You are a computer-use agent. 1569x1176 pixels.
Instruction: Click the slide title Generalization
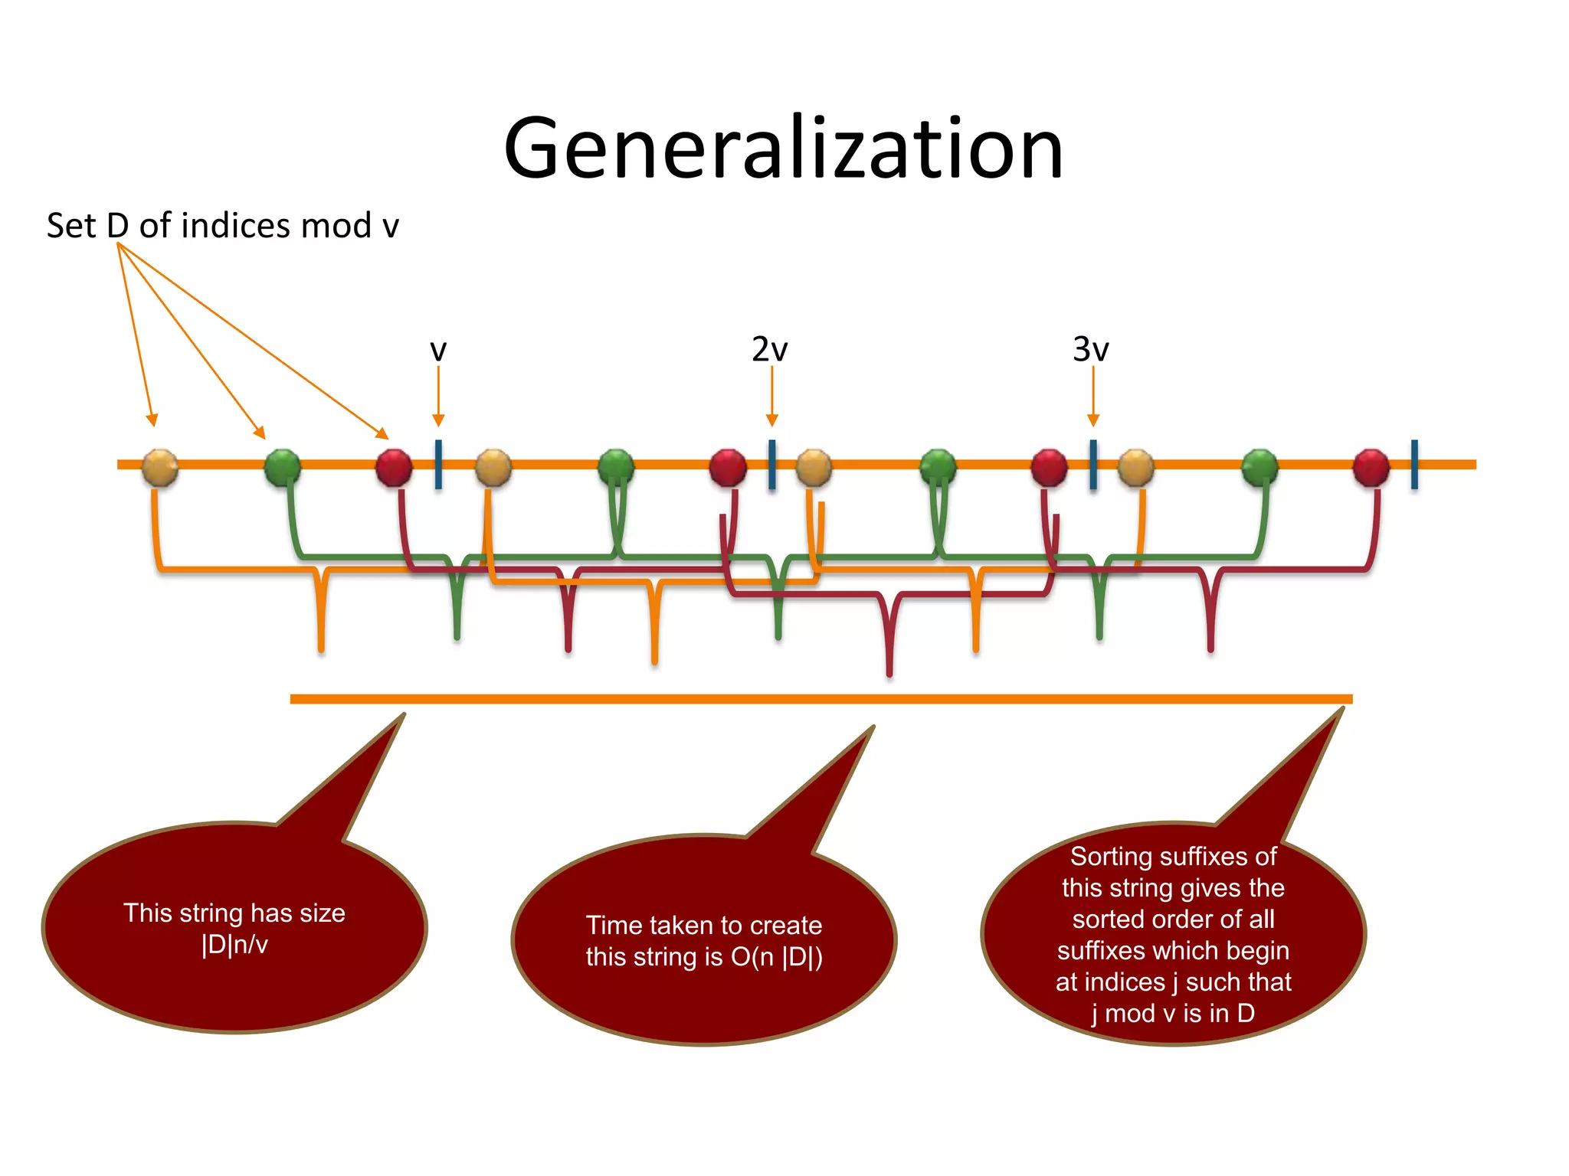pos(783,149)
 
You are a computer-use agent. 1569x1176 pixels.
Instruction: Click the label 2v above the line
pos(769,349)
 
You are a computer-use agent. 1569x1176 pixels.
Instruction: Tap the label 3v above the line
pos(1090,349)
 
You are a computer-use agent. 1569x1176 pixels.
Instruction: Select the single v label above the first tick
pos(437,351)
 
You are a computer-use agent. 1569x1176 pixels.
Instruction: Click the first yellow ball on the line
pos(160,467)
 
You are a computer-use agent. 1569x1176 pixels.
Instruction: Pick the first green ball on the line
pos(283,467)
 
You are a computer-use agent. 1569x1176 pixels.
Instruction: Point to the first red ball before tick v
pos(394,467)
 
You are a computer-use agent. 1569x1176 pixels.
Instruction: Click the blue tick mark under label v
pos(438,464)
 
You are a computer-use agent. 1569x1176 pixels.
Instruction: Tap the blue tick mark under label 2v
pos(771,464)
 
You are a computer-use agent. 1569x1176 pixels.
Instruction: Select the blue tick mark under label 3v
pos(1093,464)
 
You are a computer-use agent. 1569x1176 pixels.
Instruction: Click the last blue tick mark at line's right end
pos(1414,464)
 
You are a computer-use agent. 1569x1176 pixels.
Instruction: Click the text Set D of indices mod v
pos(222,226)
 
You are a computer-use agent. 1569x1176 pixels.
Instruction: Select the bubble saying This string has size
pos(234,928)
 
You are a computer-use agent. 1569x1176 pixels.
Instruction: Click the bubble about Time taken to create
pos(703,940)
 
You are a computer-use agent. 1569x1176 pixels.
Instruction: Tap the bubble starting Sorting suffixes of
pos(1173,934)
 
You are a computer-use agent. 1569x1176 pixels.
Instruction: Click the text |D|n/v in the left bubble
pos(234,945)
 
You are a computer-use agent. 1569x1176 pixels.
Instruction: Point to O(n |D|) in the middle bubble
pos(776,957)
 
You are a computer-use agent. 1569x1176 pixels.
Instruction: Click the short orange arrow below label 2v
pos(771,396)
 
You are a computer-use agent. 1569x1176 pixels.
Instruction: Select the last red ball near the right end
pos(1371,467)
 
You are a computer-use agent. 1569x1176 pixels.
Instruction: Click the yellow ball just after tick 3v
pos(1135,467)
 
